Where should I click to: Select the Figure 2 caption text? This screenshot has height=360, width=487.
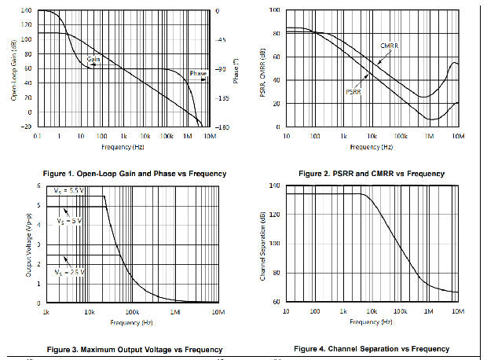tap(371, 173)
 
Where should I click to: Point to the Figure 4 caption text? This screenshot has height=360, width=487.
tap(372, 348)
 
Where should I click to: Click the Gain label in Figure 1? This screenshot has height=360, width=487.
tap(93, 59)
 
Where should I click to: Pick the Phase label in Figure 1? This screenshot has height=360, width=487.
tap(197, 74)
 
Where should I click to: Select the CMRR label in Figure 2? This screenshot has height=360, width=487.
tap(390, 46)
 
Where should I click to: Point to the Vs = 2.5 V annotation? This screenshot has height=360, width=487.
tap(68, 272)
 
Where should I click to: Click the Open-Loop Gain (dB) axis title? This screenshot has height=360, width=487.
tap(13, 68)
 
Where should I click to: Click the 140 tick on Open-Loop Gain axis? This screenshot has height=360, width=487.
tap(26, 11)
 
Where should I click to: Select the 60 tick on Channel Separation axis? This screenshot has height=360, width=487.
tap(276, 302)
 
